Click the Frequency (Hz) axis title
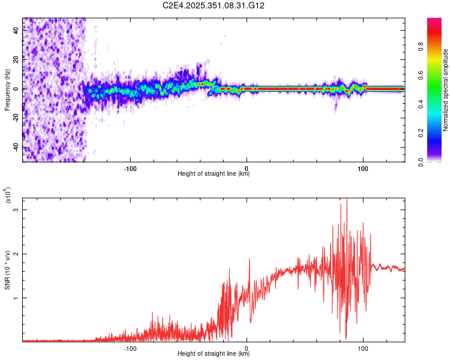7,89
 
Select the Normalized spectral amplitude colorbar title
445,90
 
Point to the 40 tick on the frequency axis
16,31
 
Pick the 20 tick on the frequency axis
16,60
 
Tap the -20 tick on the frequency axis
14,118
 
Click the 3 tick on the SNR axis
16,209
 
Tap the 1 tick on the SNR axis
16,298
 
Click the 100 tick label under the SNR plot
363,348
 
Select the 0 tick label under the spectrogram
247,169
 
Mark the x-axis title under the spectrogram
214,174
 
